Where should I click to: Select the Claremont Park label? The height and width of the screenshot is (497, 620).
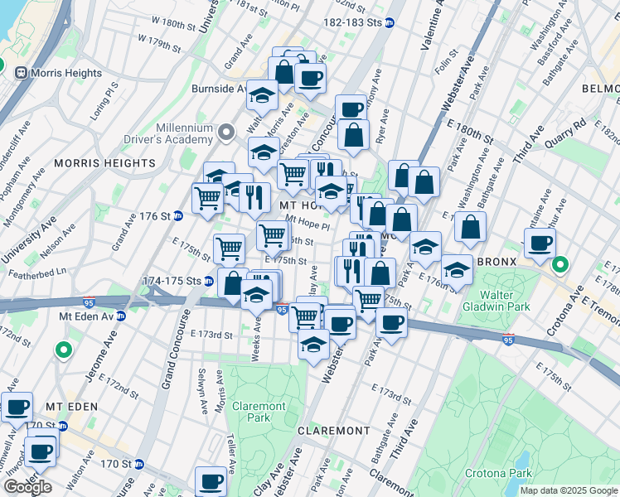point(259,412)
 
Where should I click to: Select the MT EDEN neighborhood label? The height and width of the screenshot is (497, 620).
point(71,407)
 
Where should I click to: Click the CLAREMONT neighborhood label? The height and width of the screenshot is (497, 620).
point(333,431)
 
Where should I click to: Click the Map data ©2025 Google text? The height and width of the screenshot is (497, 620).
point(569,490)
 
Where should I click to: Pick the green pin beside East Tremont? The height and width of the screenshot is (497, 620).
point(560,265)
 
